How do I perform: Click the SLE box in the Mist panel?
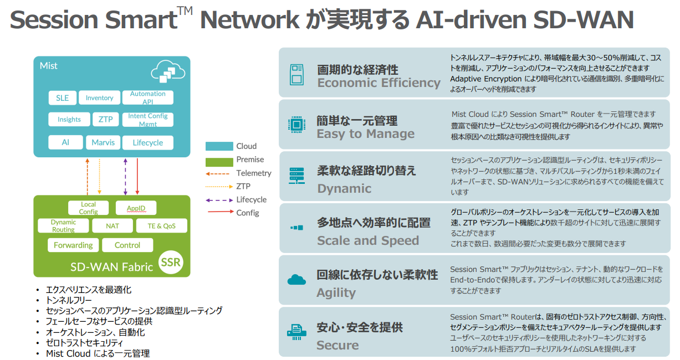(x=62, y=98)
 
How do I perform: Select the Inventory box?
(x=99, y=98)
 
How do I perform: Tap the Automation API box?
(x=147, y=97)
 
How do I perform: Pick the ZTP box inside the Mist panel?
(x=105, y=119)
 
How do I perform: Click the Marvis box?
(x=103, y=142)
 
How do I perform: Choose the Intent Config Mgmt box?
(x=147, y=120)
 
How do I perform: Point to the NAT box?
(x=113, y=226)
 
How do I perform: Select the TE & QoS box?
(x=162, y=226)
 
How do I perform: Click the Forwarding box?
(x=73, y=245)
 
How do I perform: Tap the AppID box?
(x=136, y=208)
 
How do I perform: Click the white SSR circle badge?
(x=171, y=262)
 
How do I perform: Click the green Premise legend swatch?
(x=219, y=162)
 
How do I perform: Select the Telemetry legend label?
(x=254, y=173)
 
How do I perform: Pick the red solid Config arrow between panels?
(x=137, y=176)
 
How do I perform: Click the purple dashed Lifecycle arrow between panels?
(x=126, y=176)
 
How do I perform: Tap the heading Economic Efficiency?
(x=379, y=83)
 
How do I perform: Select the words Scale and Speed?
(x=368, y=240)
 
